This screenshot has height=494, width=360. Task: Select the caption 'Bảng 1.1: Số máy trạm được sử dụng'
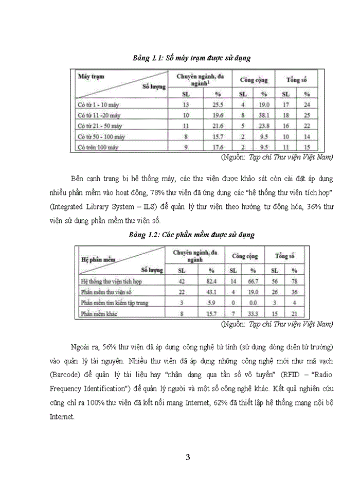click(191, 58)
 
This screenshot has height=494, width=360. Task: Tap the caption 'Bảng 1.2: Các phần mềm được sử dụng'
click(192, 235)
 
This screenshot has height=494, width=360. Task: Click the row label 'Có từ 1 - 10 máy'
click(98, 105)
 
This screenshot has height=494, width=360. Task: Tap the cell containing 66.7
click(253, 281)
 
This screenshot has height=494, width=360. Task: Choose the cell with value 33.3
click(253, 313)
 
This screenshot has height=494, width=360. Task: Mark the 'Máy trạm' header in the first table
click(91, 76)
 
